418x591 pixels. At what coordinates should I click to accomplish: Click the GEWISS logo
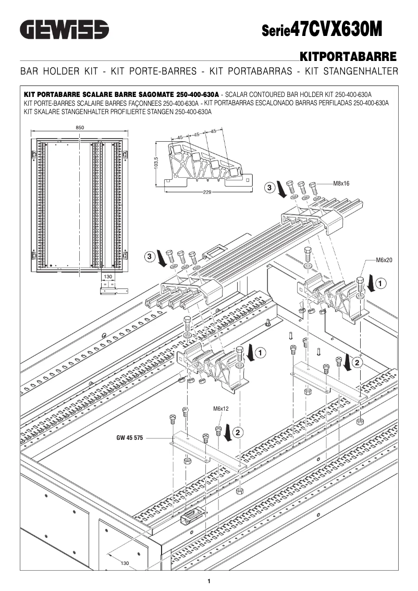[x=64, y=29]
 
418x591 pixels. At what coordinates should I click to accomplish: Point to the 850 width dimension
[x=80, y=128]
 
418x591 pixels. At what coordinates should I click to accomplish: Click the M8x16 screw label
[x=341, y=183]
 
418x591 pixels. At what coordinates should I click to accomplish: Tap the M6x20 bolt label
[x=384, y=260]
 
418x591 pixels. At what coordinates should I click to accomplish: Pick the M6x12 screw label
[x=221, y=409]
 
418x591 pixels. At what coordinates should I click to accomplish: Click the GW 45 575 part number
[x=129, y=438]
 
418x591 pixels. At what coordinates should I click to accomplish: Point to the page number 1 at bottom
[x=209, y=581]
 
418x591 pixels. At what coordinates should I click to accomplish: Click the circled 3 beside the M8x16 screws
[x=269, y=187]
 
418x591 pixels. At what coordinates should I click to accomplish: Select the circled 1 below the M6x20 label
[x=381, y=284]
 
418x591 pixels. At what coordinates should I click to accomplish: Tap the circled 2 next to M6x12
[x=238, y=432]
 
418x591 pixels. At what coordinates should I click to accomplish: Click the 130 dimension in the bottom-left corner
[x=125, y=563]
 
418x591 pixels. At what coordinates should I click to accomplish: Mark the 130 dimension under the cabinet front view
[x=108, y=277]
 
